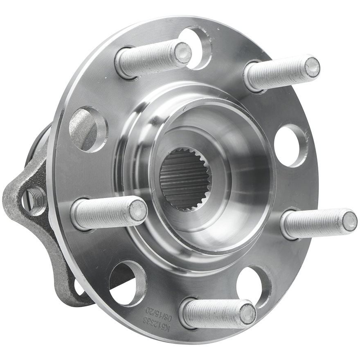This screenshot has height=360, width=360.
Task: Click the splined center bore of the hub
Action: coord(184,180)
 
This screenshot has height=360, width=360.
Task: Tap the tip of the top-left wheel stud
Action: coord(183,53)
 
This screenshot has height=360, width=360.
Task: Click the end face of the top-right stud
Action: coord(312,67)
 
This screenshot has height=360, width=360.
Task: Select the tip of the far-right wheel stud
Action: coord(349,221)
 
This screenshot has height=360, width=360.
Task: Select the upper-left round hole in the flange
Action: coord(88,129)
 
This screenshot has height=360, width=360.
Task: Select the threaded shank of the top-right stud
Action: coord(274,74)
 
